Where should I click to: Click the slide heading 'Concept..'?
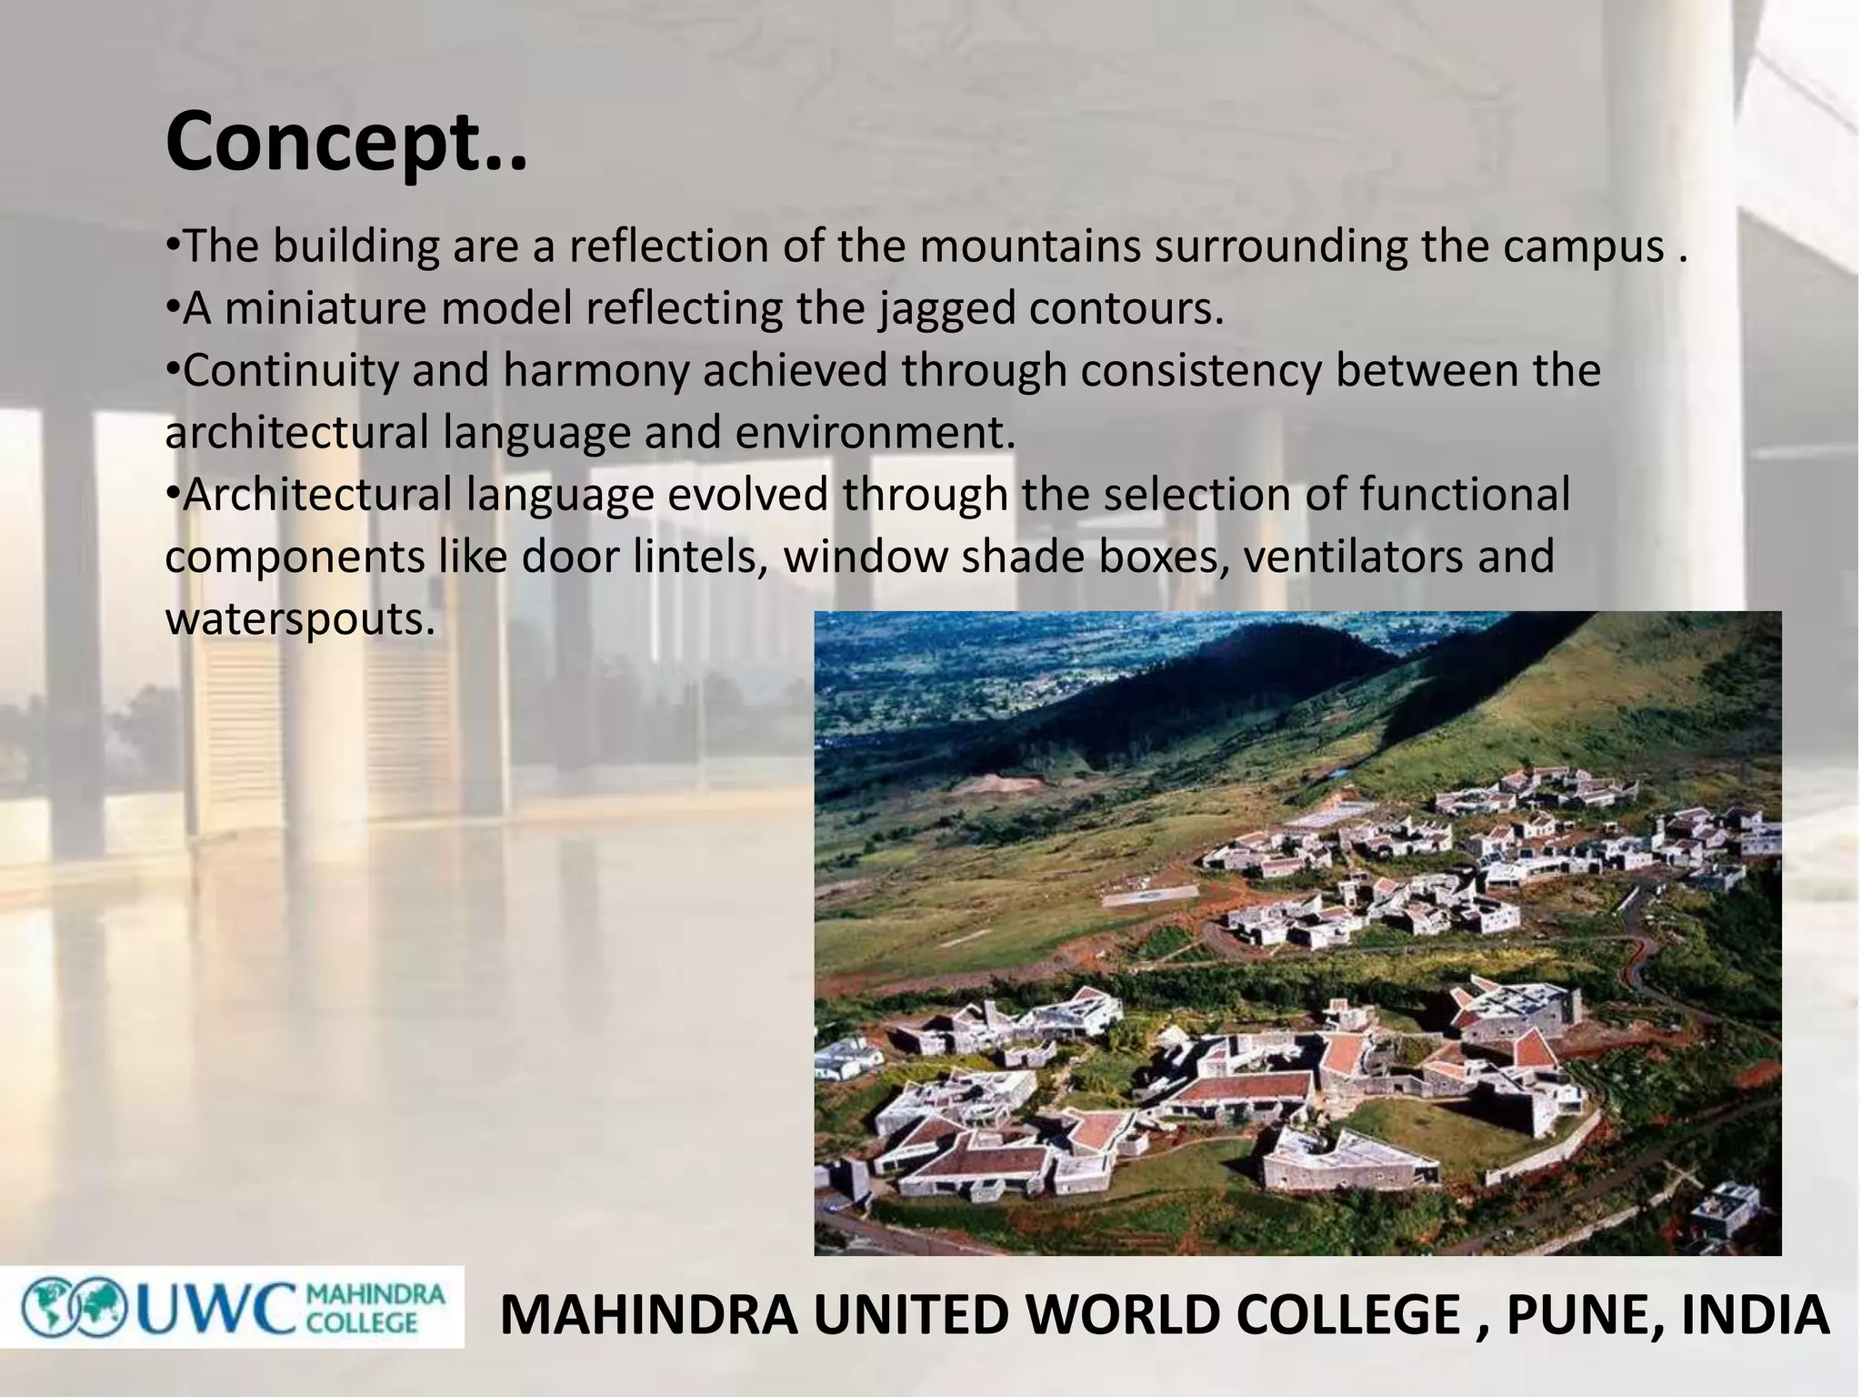click(345, 142)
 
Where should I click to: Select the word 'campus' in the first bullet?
click(1582, 246)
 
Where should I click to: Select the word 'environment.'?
click(875, 433)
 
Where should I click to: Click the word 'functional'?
click(1465, 496)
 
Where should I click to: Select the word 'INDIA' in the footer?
click(1755, 1316)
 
